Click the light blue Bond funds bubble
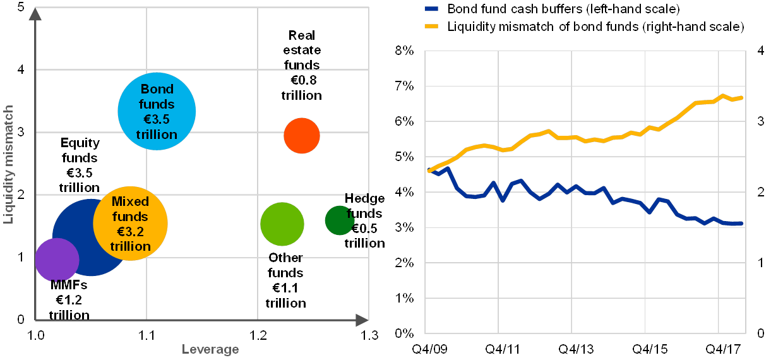157,111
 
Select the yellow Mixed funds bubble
131,222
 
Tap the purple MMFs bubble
56,260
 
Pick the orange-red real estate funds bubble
302,135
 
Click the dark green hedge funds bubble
338,220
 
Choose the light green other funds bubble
282,224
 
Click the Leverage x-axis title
210,349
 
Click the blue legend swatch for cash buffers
432,9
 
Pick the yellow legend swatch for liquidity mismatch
432,27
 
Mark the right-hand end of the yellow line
743,97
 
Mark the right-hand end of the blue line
743,223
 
